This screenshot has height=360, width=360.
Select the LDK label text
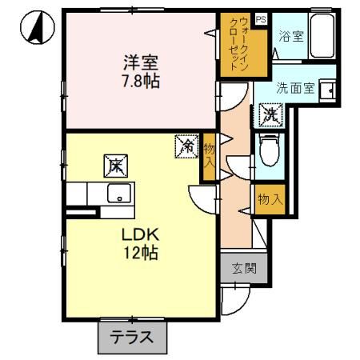[138, 235]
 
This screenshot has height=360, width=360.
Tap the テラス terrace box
[132, 337]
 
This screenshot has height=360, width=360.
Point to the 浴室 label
[289, 36]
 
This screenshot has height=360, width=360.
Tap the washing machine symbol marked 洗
[270, 114]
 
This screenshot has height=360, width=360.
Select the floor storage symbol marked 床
[114, 166]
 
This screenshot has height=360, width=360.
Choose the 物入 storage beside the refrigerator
[208, 155]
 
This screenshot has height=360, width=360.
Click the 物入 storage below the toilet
[270, 198]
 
